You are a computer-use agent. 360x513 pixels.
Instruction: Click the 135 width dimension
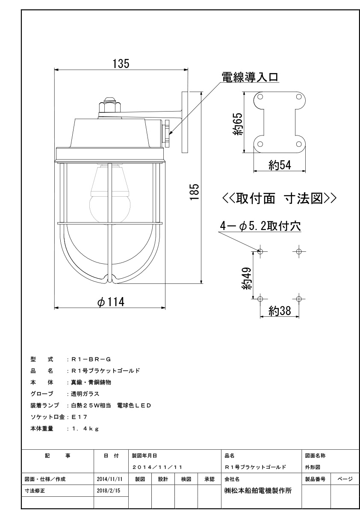pos(121,64)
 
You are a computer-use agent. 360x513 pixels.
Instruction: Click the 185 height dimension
pos(195,192)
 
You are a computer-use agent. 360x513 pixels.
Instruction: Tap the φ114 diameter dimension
pos(111,302)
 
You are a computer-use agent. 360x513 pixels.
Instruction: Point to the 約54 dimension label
pos(280,165)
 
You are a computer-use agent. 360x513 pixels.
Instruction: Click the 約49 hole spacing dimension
pos(247,278)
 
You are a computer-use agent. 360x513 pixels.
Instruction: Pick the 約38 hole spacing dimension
pos(280,311)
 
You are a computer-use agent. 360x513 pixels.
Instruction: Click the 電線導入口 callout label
pos(250,77)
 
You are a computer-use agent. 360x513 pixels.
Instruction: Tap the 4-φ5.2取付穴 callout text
pos(260,226)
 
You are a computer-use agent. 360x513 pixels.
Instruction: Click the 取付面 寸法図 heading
pos(279,198)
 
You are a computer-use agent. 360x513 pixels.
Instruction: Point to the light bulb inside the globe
pos(110,195)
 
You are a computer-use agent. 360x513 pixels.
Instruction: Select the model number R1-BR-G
pos(91,360)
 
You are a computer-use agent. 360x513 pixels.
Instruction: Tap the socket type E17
pos(80,417)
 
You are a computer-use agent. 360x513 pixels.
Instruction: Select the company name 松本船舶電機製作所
pos(258,490)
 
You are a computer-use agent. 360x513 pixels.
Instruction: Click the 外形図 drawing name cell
pos(313,467)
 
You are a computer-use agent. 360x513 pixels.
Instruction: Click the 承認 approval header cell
pos(210,479)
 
